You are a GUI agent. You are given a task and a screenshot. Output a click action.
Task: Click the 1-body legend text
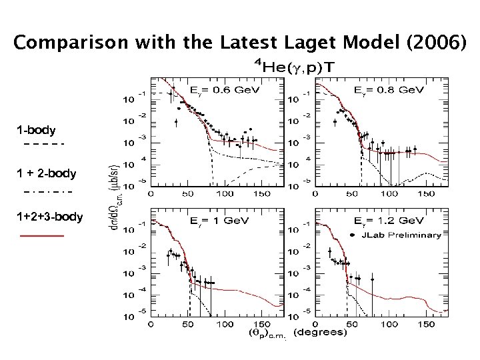37,130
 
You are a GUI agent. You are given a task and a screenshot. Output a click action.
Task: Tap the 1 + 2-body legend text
47,174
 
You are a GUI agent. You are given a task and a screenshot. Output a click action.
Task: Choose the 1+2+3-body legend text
50,217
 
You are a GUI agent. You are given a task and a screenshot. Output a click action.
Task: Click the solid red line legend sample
42,236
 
